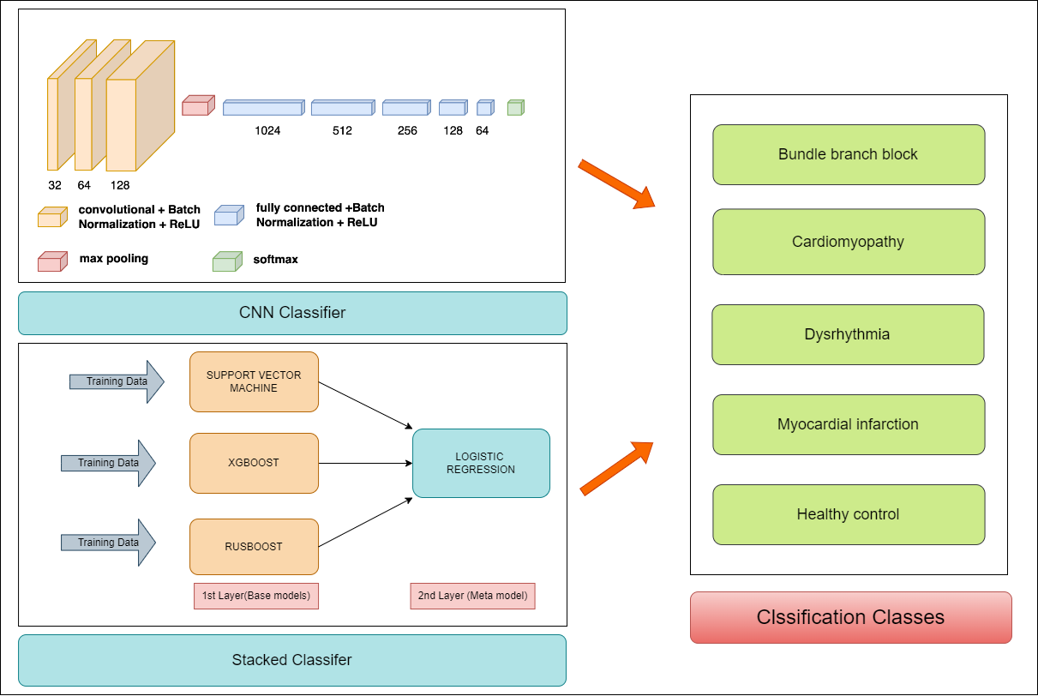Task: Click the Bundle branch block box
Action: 849,154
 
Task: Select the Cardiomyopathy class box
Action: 849,242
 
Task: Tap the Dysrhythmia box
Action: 848,334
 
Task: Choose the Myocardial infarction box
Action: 849,424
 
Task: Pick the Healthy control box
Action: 849,514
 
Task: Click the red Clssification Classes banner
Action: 851,617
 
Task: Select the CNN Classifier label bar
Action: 292,313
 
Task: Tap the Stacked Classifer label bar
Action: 292,660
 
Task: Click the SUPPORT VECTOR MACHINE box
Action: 254,382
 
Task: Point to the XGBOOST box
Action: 254,463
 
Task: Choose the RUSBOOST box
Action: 254,547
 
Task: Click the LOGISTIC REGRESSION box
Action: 481,463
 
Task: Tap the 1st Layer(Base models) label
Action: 257,596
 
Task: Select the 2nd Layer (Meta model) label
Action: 472,596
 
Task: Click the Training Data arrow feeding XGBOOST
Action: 108,463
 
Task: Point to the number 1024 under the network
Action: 267,131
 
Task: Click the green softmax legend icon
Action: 227,260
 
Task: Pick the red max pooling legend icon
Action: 50,261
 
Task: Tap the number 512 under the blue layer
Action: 342,131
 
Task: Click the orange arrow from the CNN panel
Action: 616,183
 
